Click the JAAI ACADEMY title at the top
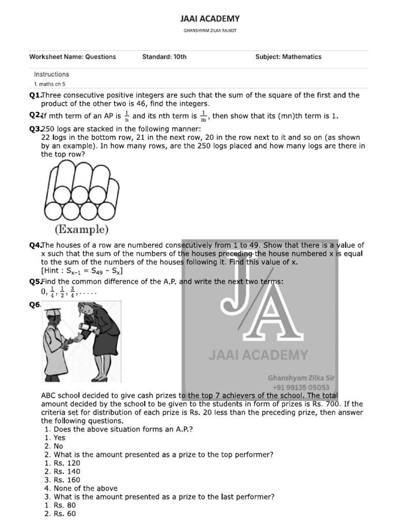point(210,19)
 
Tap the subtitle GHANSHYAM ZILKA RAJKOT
point(210,31)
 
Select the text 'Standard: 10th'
point(164,57)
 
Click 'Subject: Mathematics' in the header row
point(288,57)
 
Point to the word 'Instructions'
point(51,75)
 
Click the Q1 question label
point(35,95)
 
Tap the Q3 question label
point(35,129)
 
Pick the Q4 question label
point(35,245)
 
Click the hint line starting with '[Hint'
point(82,271)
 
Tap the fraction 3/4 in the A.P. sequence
point(73,291)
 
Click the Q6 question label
point(35,305)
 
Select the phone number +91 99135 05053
point(301,387)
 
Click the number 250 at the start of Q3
point(48,129)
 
